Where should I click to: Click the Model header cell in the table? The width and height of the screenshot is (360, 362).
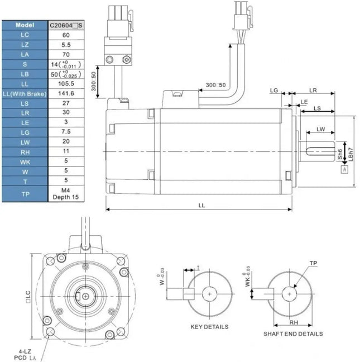[25, 25]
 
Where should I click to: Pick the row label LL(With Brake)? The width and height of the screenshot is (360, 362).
[25, 93]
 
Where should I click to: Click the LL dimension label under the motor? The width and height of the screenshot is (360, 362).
[201, 206]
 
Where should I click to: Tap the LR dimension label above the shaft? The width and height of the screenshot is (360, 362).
[313, 89]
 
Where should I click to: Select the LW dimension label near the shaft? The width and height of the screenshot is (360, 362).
[321, 130]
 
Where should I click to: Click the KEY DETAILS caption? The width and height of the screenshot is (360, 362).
[209, 326]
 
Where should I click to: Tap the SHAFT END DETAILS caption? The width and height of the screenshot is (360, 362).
[293, 334]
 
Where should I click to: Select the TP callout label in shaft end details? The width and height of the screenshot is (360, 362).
[313, 263]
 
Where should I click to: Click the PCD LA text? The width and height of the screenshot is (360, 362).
[20, 358]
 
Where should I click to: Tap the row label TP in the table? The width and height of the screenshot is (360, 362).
[25, 194]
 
